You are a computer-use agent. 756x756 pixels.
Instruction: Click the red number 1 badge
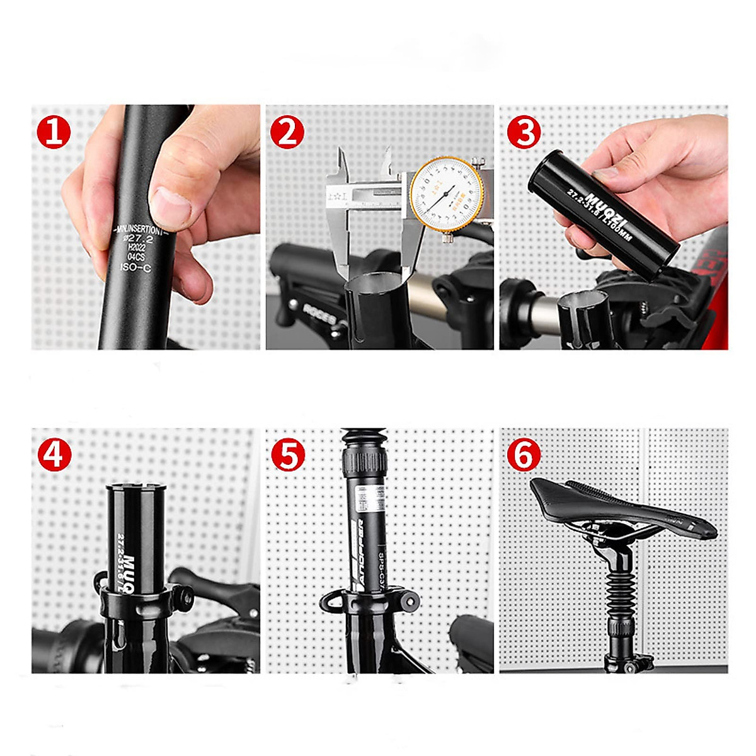tap(54, 132)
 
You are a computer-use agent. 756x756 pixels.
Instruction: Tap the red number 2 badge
tap(287, 132)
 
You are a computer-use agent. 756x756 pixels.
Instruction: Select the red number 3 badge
tap(524, 132)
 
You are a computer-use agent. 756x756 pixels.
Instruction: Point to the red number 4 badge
tap(54, 454)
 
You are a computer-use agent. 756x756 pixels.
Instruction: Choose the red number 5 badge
tap(288, 454)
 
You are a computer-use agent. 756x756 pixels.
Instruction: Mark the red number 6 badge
tap(524, 454)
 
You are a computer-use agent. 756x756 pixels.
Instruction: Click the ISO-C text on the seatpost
tap(135, 267)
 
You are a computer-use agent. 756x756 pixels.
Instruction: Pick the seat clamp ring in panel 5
tap(369, 602)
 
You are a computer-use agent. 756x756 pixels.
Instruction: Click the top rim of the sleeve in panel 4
tap(136, 487)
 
